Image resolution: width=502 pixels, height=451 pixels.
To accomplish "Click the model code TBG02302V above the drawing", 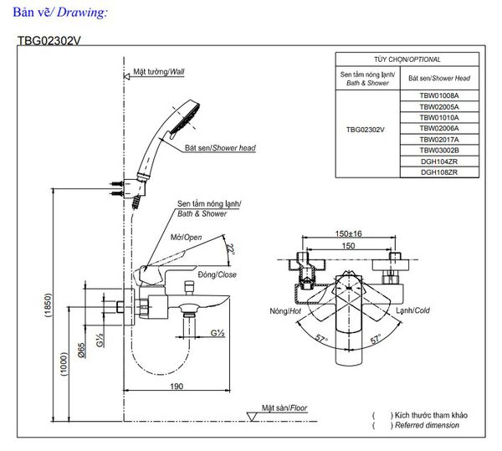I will click(53, 38).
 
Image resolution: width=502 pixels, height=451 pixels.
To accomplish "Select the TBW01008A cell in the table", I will click(438, 96).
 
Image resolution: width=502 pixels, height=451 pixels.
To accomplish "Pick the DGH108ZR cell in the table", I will click(438, 172).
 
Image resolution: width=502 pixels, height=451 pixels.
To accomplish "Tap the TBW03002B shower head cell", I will click(438, 150).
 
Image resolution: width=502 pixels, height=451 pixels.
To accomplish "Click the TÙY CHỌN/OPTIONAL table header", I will click(407, 59).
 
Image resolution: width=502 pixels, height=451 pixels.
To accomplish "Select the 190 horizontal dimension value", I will click(176, 386).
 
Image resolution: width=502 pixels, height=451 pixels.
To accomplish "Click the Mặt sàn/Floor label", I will click(285, 408).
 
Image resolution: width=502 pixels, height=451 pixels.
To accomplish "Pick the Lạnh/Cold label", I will click(412, 310).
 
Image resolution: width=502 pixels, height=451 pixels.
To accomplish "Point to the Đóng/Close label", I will click(217, 274).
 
